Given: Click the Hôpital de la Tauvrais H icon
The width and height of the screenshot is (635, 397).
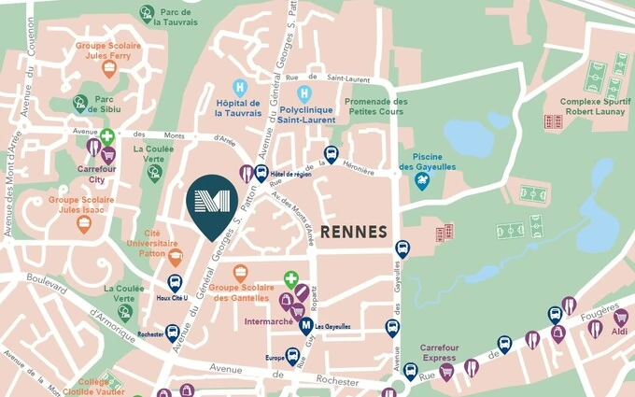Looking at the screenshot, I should [x=240, y=87].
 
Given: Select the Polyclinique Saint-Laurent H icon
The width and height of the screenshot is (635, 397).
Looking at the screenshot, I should [x=303, y=92].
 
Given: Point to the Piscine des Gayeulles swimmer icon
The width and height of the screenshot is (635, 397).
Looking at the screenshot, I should [x=422, y=182].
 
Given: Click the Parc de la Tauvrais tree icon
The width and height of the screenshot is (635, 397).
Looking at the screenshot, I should [x=147, y=13].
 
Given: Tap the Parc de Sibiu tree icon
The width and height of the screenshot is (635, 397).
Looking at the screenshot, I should [x=81, y=103].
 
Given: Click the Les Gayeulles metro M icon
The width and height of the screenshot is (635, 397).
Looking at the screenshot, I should [x=305, y=326].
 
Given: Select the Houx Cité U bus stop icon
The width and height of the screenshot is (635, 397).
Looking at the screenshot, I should [x=174, y=282].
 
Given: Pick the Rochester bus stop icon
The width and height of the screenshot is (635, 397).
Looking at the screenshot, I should [x=173, y=333].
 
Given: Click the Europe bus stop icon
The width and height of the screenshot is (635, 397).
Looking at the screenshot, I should [x=292, y=357].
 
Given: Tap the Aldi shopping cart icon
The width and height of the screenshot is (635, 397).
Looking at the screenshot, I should [x=620, y=318].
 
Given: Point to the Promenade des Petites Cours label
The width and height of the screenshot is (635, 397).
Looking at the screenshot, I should [x=375, y=106].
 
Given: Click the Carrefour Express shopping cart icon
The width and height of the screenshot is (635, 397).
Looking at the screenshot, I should [x=446, y=372].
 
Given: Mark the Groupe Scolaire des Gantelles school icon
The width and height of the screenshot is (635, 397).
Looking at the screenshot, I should [x=241, y=274].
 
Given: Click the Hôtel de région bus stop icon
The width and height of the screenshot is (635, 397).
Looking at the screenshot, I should [x=261, y=172].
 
